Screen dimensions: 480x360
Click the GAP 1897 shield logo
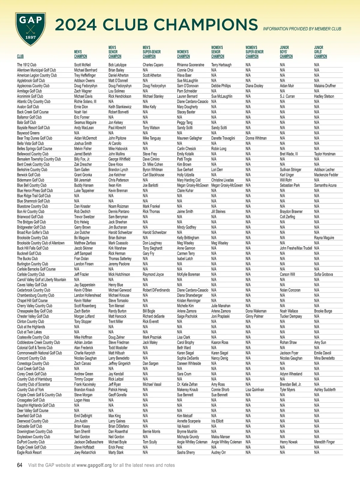[x=31, y=29]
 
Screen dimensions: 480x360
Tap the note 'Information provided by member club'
[x=302, y=29]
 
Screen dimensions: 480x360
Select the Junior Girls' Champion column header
[x=320, y=52]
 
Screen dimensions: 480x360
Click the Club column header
[x=20, y=56]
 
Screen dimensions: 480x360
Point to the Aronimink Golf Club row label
[x=30, y=96]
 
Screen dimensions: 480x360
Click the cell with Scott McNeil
[x=82, y=65]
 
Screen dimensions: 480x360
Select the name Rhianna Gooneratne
[x=190, y=65]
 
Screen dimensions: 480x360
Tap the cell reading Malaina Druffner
[x=325, y=86]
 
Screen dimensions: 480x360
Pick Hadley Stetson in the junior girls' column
[x=324, y=96]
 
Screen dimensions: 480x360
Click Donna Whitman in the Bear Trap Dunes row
[x=256, y=138]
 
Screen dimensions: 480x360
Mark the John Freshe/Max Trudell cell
[x=296, y=248]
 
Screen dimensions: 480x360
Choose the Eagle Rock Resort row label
[x=29, y=453]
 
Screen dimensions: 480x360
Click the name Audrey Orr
[x=218, y=453]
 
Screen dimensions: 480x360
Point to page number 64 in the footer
[x=20, y=465]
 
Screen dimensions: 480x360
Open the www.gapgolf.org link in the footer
[x=94, y=465]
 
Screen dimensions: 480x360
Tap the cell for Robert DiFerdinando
[x=156, y=290]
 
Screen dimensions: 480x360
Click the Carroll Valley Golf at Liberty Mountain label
[x=41, y=280]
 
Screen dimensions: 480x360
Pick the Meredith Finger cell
[x=324, y=442]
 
